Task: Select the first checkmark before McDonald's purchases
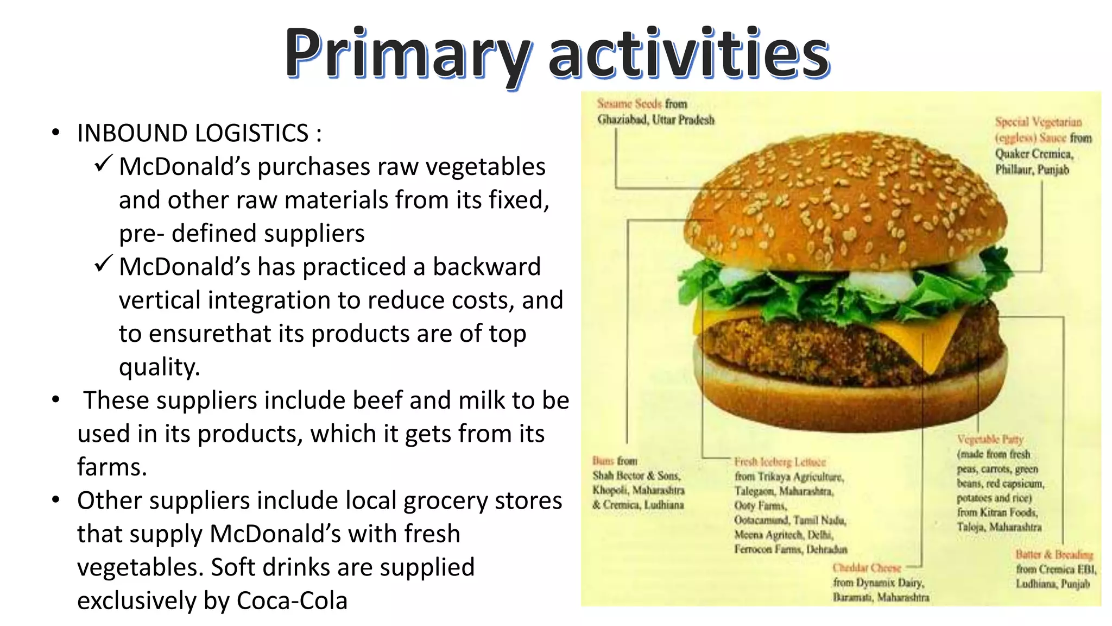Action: click(x=103, y=163)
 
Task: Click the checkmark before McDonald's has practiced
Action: click(x=103, y=264)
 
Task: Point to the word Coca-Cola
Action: click(x=292, y=601)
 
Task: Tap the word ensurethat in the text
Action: click(x=210, y=334)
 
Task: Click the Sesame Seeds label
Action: click(x=629, y=103)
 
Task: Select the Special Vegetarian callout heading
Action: click(x=1038, y=122)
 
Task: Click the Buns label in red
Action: click(x=603, y=461)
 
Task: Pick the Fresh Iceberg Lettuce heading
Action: click(x=780, y=462)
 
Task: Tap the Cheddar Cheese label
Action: click(x=867, y=568)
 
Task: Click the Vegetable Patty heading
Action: click(x=990, y=439)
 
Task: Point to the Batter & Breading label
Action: click(x=1054, y=554)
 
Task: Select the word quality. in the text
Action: click(x=159, y=367)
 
